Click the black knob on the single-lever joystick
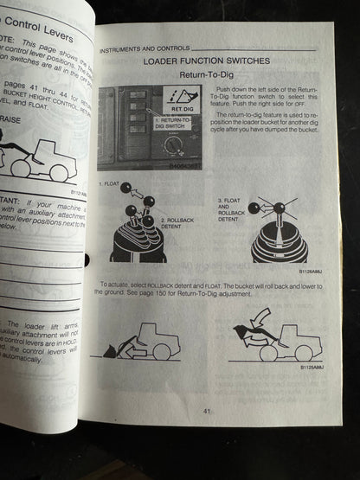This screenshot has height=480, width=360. tap(279, 208)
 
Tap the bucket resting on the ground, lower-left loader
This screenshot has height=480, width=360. tap(111, 351)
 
